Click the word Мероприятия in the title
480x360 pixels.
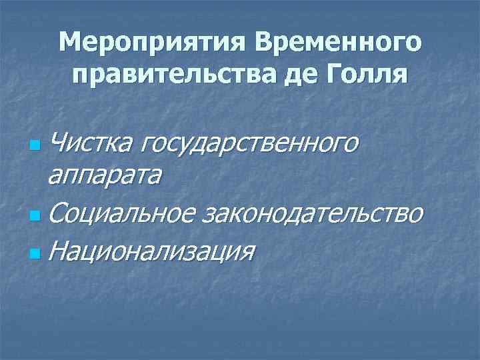pos(153,44)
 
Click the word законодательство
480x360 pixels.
pos(313,213)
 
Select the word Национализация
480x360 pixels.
pos(152,251)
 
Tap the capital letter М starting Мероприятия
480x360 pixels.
pos(69,44)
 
